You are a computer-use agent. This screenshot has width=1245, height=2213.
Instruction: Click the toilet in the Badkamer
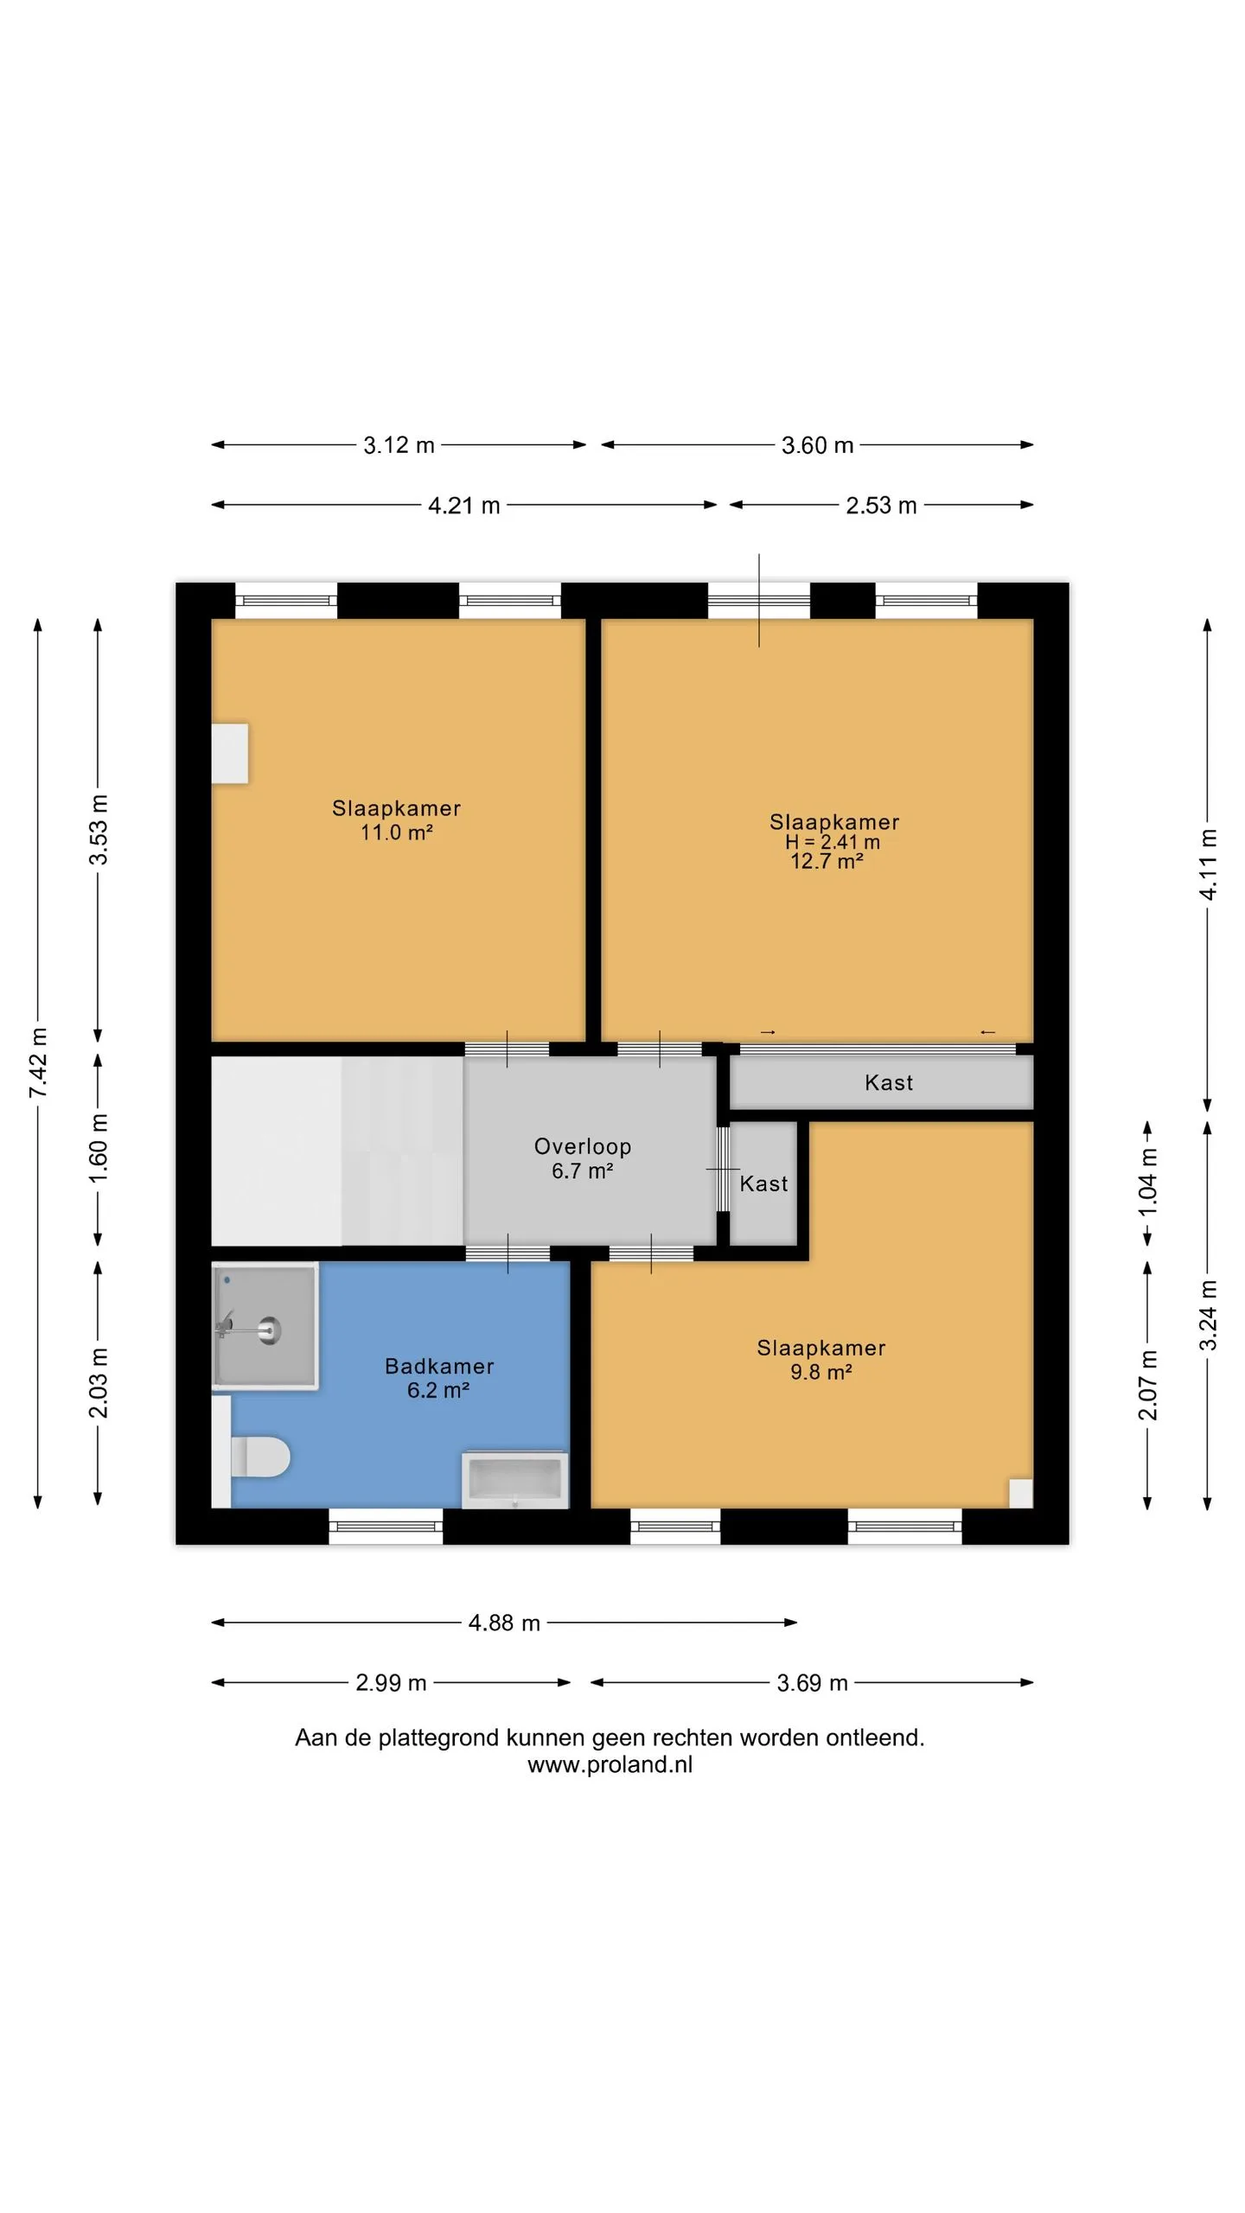[259, 1457]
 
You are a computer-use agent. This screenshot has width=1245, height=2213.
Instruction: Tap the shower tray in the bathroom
[265, 1326]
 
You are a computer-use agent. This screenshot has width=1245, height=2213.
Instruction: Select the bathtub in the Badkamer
[515, 1480]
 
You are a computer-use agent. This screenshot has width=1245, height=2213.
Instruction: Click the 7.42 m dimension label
[38, 1063]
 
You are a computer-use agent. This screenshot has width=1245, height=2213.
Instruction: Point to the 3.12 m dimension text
[399, 445]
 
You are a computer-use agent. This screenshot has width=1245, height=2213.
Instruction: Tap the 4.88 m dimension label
[504, 1623]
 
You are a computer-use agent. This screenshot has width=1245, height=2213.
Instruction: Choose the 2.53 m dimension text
[881, 505]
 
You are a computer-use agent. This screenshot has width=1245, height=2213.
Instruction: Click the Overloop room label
[583, 1146]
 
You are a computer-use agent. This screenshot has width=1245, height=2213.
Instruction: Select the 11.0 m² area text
[397, 832]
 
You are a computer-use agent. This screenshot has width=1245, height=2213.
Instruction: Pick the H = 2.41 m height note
[833, 842]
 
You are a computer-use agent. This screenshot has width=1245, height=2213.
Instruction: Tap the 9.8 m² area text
[821, 1372]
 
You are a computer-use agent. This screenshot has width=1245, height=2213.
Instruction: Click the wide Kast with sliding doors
[882, 1082]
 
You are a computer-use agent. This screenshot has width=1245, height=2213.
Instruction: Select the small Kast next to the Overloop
[763, 1183]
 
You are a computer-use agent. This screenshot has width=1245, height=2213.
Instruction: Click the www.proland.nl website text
[610, 1764]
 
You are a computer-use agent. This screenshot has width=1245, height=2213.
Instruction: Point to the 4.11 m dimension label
[1208, 864]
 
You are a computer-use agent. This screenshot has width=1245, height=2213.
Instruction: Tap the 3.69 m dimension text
[812, 1682]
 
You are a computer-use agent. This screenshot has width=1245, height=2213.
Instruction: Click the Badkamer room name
[439, 1366]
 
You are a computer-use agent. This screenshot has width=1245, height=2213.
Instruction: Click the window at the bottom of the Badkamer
[386, 1527]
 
